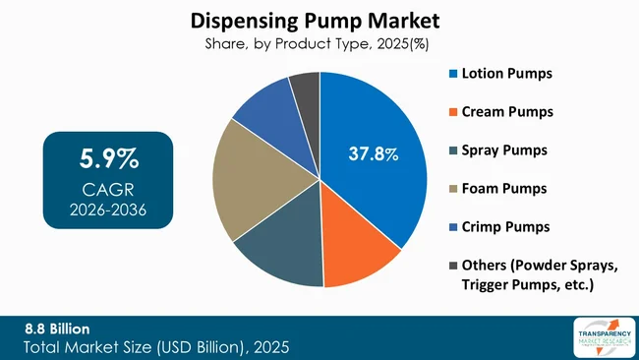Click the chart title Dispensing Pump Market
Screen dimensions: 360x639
(x=319, y=20)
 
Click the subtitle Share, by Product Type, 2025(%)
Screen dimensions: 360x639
(x=319, y=43)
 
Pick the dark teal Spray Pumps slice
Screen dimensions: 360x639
(x=281, y=251)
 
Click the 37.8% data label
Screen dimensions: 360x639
(x=374, y=153)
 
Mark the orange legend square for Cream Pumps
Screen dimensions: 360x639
(x=452, y=112)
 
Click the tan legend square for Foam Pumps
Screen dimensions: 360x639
(x=452, y=189)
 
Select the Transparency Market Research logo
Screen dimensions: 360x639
(x=598, y=336)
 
